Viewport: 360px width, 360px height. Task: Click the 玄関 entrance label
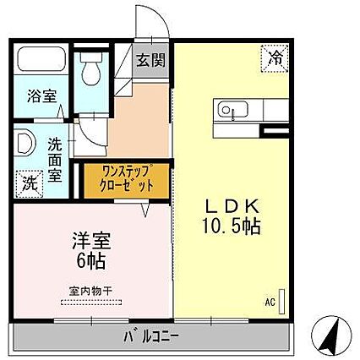point(153,61)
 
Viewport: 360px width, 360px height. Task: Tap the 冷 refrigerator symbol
point(276,57)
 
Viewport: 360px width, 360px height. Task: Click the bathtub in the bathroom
point(41,60)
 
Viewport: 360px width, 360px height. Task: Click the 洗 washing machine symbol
point(28,181)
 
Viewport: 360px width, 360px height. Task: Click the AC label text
point(270,300)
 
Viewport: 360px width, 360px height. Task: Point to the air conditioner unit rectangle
point(282,302)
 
